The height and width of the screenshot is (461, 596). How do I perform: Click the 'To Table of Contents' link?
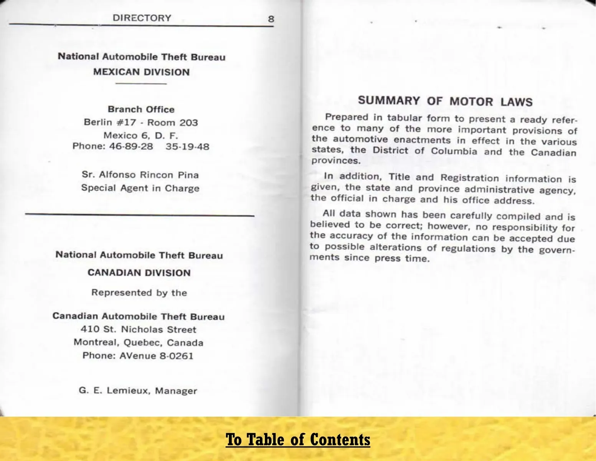pyautogui.click(x=298, y=439)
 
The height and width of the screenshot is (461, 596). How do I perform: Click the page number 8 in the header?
pyautogui.click(x=271, y=19)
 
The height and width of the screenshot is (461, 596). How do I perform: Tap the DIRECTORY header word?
pyautogui.click(x=142, y=18)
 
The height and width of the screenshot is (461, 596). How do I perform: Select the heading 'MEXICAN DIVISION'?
pyautogui.click(x=141, y=72)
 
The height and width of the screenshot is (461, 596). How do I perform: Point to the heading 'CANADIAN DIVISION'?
pyautogui.click(x=139, y=273)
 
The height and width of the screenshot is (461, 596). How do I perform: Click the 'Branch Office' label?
pyautogui.click(x=141, y=109)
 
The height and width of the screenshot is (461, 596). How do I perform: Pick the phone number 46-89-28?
pyautogui.click(x=131, y=147)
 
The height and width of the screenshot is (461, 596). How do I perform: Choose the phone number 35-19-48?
pyautogui.click(x=187, y=147)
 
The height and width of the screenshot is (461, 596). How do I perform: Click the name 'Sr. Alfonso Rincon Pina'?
pyautogui.click(x=140, y=175)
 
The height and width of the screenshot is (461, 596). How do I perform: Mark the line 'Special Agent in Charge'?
pyautogui.click(x=140, y=188)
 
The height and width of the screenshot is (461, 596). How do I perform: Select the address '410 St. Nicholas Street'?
pyautogui.click(x=138, y=330)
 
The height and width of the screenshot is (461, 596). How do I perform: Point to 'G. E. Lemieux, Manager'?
pyautogui.click(x=138, y=391)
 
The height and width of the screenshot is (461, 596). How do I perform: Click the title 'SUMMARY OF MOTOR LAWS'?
pyautogui.click(x=445, y=101)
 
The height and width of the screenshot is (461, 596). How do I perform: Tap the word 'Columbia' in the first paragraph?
pyautogui.click(x=454, y=151)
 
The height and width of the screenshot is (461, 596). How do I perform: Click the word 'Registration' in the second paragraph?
pyautogui.click(x=470, y=178)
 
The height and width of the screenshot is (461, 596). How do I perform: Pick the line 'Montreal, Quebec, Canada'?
pyautogui.click(x=138, y=343)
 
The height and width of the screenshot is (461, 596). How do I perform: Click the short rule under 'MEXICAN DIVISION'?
pyautogui.click(x=141, y=84)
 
